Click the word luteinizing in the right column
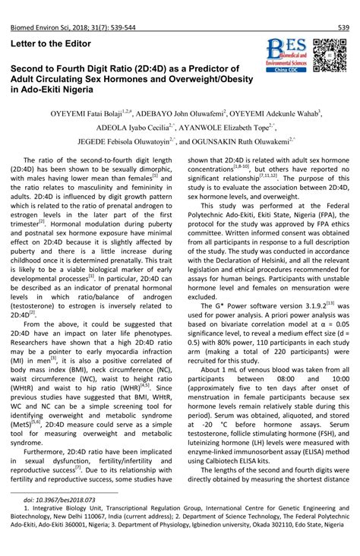tap(208, 438)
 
